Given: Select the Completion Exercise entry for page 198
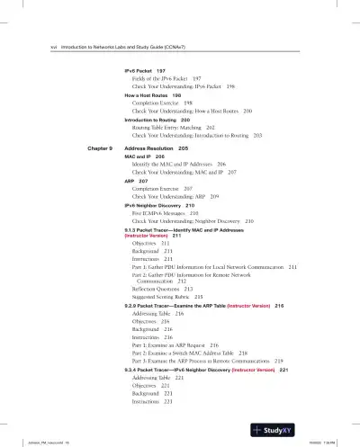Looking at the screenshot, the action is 162,103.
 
